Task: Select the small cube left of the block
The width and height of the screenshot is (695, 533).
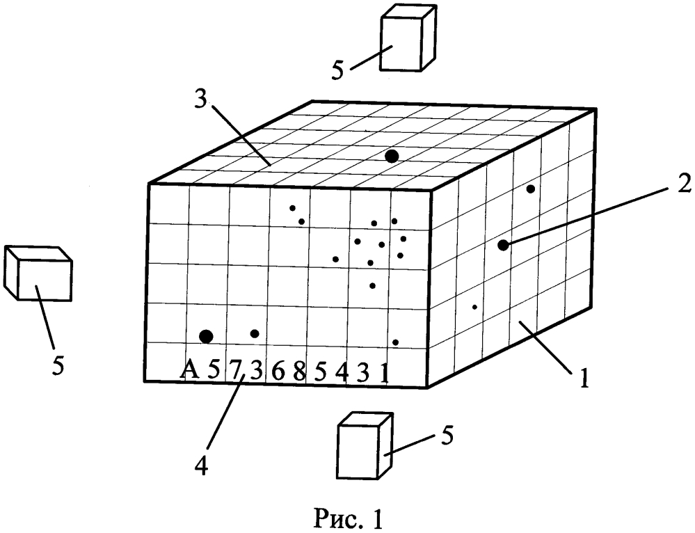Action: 38,273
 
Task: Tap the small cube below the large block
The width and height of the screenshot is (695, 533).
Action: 365,445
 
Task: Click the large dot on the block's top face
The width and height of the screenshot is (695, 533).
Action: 392,156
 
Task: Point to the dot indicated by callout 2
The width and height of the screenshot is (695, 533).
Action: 503,245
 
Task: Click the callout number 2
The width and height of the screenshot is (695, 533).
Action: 683,183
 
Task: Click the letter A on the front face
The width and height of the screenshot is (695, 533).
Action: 189,369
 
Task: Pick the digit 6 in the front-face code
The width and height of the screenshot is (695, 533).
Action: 278,372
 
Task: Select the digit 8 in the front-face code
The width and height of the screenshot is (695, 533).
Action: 299,372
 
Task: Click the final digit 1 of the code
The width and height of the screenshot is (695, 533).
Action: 385,373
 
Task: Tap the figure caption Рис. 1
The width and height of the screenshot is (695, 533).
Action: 348,518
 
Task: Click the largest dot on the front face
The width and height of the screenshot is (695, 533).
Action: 206,337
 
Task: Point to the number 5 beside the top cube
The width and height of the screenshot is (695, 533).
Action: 338,70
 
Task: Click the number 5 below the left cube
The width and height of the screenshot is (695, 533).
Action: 58,365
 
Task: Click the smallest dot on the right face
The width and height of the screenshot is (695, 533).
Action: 474,307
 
